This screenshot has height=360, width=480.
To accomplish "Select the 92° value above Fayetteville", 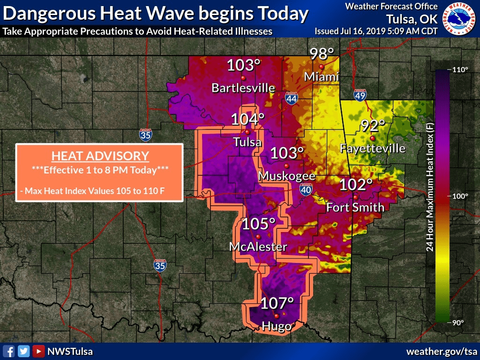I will click(373, 126).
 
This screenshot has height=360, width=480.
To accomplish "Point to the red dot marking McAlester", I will click(258, 236).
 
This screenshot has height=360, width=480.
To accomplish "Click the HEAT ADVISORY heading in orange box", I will click(100, 156).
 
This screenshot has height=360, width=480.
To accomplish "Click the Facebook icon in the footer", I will click(9, 351).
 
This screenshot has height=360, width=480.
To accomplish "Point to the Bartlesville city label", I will click(243, 88).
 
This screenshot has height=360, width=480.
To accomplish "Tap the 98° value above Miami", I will click(322, 54).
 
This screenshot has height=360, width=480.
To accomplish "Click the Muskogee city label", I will click(287, 176).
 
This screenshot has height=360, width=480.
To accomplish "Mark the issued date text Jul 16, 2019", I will click(364, 31).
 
